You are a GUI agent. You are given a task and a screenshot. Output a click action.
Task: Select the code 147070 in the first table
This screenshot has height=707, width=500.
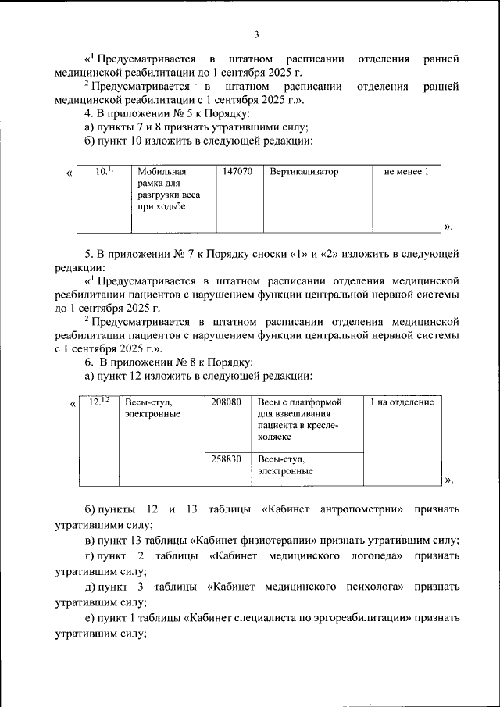coord(237,171)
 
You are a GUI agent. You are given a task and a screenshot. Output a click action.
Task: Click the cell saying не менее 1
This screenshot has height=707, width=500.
coord(406,171)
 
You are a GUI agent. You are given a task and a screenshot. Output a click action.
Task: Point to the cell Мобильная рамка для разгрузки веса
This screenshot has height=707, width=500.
coord(162,189)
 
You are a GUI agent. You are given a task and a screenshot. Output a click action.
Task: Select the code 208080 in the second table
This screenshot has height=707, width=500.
coord(227,402)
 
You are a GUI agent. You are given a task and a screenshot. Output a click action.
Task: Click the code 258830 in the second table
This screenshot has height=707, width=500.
coord(227,459)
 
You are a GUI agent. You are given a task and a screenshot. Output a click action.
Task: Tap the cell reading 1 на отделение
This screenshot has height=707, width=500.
coord(402,402)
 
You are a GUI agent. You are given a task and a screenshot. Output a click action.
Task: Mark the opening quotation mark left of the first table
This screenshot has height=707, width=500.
coord(70,173)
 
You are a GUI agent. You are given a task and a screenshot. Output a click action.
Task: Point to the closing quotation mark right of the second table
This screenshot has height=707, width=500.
coord(448,479)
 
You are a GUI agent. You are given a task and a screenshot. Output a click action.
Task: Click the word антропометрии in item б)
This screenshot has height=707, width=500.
coord(362,509)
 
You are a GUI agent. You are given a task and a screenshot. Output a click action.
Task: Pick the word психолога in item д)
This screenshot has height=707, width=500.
coord(374,586)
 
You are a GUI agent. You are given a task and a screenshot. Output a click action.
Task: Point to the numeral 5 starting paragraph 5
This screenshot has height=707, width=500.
coord(88,255)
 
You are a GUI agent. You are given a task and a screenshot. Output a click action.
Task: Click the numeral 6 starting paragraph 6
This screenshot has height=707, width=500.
coord(88,362)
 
